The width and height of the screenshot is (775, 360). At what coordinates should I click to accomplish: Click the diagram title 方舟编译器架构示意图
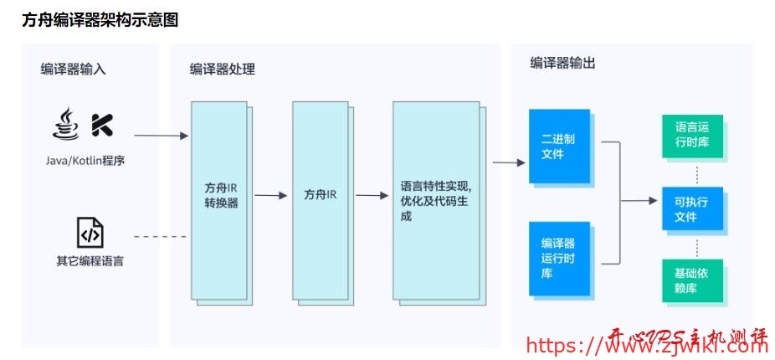coord(100,19)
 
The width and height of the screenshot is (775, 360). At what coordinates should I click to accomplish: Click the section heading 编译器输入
coord(73,69)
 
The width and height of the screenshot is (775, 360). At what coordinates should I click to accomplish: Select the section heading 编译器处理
coord(222,69)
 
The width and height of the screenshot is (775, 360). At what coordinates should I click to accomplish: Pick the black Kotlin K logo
coord(102,125)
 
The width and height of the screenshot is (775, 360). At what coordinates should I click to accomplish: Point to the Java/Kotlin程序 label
coord(85,160)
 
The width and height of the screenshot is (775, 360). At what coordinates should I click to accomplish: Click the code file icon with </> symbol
coord(90,232)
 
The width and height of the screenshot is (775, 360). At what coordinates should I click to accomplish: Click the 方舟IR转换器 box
coord(220,198)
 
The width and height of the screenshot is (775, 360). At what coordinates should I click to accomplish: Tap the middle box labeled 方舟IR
coord(320,198)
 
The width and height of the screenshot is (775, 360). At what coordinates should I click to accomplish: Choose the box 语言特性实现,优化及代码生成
coord(435,201)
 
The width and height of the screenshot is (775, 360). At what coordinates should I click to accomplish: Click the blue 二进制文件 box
coord(558,147)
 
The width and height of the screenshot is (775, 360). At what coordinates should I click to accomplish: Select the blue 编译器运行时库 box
coord(558,258)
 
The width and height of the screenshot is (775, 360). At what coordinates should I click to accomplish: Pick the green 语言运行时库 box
coord(691,135)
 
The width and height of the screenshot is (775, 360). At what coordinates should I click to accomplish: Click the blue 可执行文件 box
coord(691,209)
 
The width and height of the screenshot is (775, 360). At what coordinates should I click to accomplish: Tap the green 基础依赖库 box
coord(691,280)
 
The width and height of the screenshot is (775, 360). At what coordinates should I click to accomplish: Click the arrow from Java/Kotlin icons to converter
coord(161,135)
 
